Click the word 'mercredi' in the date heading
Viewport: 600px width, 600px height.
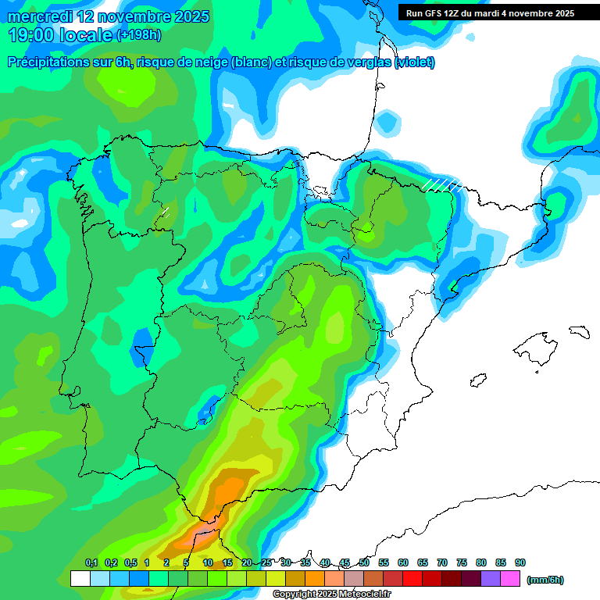(x=39, y=16)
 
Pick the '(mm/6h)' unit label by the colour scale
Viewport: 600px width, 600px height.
(x=546, y=580)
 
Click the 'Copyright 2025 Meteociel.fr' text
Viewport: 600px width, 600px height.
(x=331, y=594)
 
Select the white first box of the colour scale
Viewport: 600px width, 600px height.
(x=80, y=579)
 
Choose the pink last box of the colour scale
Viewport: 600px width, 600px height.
(x=510, y=579)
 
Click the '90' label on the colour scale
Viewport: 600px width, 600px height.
(x=520, y=562)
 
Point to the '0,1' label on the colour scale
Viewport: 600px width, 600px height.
(x=91, y=562)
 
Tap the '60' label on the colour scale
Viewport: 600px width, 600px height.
(x=403, y=562)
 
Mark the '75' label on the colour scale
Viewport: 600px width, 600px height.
(x=462, y=562)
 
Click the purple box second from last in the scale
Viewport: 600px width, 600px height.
(x=491, y=579)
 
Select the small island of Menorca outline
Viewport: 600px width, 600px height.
(x=578, y=331)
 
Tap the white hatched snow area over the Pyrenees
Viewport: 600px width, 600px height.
(x=441, y=184)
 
